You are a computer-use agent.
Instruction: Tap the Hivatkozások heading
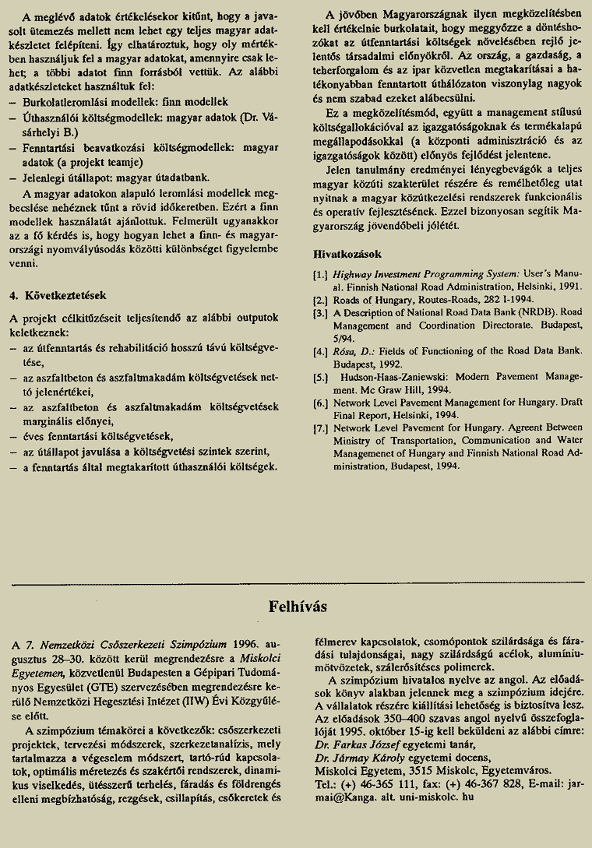[x=347, y=254]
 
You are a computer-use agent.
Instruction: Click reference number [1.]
[x=320, y=275]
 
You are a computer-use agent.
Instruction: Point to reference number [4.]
[x=320, y=351]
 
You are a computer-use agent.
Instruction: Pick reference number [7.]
[x=320, y=428]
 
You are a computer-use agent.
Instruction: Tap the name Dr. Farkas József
[x=365, y=744]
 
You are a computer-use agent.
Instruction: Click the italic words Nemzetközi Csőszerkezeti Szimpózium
[x=134, y=645]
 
